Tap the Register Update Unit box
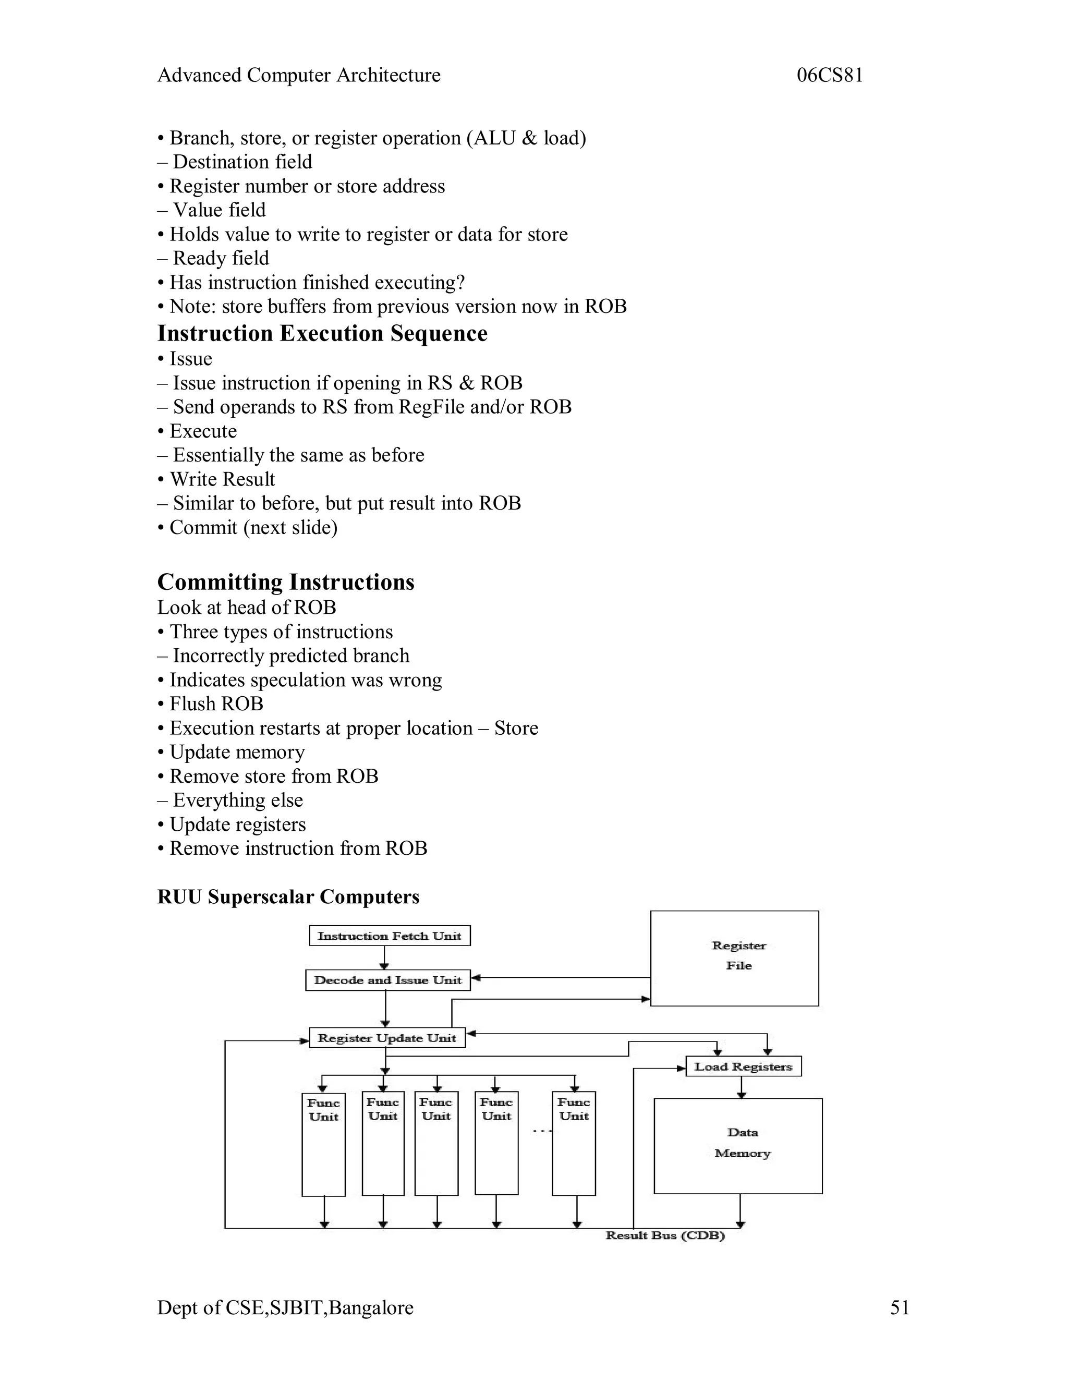[x=386, y=1038]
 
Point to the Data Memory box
[x=738, y=1146]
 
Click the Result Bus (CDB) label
[x=665, y=1235]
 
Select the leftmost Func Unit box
[x=323, y=1144]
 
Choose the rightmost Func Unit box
[x=573, y=1144]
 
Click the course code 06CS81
[x=830, y=75]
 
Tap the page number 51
[x=899, y=1307]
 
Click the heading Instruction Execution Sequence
[x=322, y=333]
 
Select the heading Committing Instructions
[x=285, y=582]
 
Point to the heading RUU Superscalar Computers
[x=288, y=896]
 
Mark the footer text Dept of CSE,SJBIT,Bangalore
[x=285, y=1307]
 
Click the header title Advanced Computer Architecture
[x=299, y=75]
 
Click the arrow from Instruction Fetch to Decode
[x=385, y=957]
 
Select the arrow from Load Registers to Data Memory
[x=742, y=1087]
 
